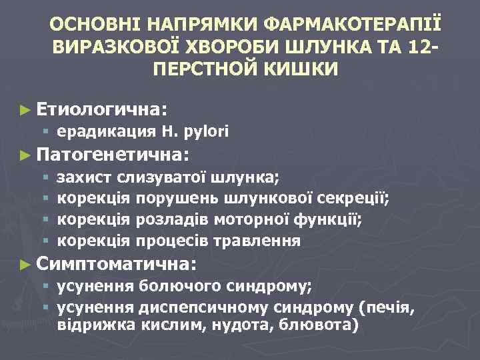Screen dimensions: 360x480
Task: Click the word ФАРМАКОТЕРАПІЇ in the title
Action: click(x=353, y=25)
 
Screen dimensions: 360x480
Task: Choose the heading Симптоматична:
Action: click(x=117, y=263)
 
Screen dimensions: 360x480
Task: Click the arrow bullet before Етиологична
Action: click(x=25, y=107)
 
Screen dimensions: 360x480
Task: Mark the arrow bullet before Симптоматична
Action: click(x=25, y=264)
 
